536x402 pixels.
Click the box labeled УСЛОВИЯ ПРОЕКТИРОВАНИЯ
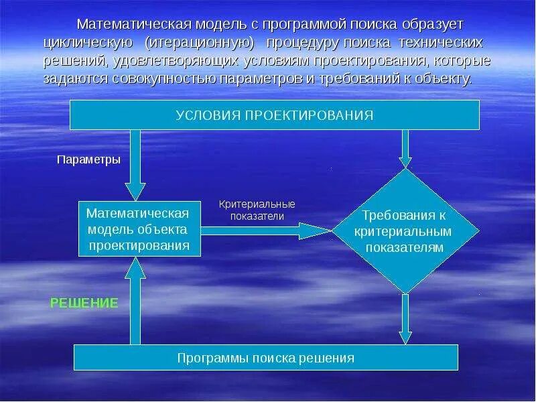[x=275, y=115]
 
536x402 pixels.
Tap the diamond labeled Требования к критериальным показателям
[x=404, y=231]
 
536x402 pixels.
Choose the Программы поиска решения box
[x=265, y=358]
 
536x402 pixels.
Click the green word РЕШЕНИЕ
[x=84, y=303]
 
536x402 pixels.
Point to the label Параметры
[x=88, y=160]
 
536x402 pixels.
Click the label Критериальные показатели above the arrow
[x=257, y=210]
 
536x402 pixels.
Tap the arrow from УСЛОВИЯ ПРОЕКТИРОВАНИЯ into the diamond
[x=405, y=149]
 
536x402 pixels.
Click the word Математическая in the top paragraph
[x=133, y=25]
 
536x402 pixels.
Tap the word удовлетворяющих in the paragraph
[x=171, y=61]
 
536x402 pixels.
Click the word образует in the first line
[x=427, y=25]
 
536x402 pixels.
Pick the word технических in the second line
[x=446, y=43]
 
